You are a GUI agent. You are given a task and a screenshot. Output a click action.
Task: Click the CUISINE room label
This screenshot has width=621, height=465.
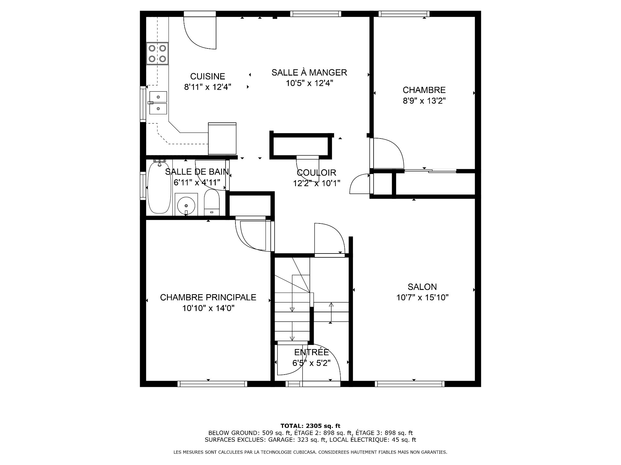(207, 77)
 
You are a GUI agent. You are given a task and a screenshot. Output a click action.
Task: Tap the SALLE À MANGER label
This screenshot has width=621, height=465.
(309, 72)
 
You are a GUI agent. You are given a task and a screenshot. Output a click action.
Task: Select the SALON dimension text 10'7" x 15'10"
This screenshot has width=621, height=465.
(422, 298)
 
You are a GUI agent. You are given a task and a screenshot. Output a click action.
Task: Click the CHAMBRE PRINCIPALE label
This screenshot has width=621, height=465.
(208, 297)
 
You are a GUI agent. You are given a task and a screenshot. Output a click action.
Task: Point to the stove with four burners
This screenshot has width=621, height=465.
(158, 54)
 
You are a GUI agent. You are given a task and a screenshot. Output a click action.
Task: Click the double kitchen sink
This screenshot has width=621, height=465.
(158, 103)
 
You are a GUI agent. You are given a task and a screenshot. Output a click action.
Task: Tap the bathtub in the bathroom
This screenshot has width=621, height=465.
(159, 187)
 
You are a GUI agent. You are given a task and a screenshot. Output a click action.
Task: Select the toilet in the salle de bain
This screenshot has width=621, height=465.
(212, 202)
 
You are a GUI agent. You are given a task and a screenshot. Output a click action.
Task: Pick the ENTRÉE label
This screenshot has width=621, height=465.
(311, 352)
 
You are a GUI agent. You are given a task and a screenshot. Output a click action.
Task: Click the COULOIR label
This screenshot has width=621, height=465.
(316, 173)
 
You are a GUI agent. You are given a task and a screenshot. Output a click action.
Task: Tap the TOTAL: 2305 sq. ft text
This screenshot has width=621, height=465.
(310, 426)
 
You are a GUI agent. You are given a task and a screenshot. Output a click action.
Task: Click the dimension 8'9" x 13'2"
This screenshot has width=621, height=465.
(424, 101)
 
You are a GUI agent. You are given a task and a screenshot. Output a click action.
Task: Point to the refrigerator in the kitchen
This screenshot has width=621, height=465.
(222, 139)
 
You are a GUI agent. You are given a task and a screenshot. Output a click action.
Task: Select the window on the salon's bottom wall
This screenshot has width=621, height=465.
(410, 384)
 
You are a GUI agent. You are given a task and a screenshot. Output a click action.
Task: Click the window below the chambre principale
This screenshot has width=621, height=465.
(212, 384)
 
